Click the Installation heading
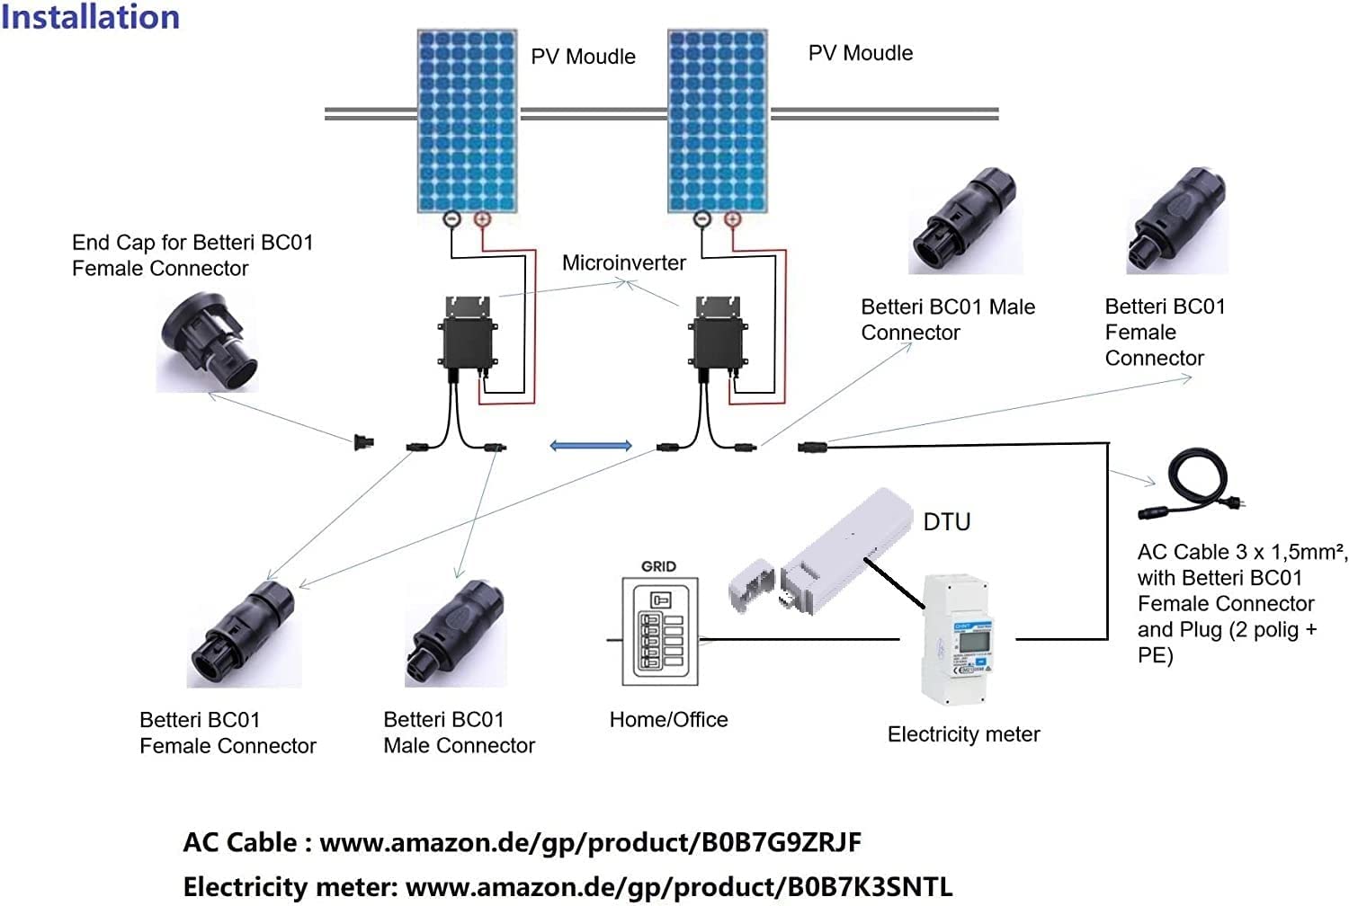[x=90, y=17]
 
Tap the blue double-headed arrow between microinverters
[x=590, y=446]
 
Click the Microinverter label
[x=623, y=262]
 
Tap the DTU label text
[x=947, y=522]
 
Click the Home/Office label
[x=668, y=720]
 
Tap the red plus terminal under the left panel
[x=482, y=219]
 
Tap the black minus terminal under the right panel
[x=702, y=219]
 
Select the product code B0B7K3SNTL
[x=871, y=886]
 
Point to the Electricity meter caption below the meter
[x=963, y=734]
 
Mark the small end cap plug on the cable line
[x=363, y=441]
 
